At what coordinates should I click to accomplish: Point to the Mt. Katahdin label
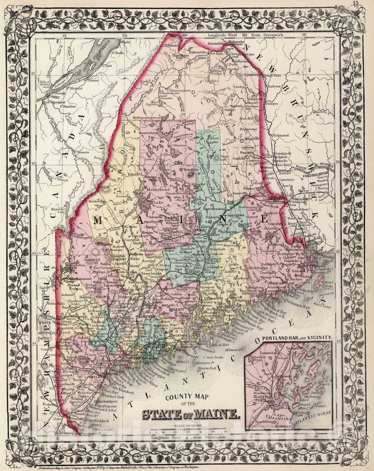click(x=187, y=170)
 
